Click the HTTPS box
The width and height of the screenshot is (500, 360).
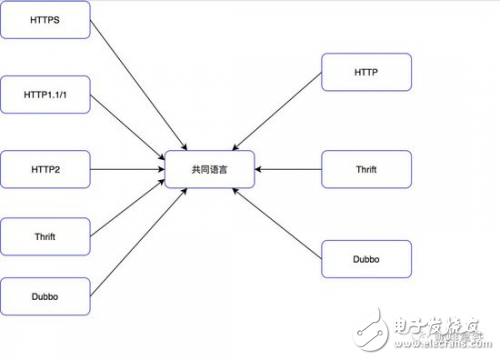46,19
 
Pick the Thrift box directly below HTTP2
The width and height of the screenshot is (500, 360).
46,235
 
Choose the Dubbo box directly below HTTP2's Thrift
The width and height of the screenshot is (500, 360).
46,297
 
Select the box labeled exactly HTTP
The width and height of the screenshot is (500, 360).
365,73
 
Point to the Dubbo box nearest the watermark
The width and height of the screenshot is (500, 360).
365,258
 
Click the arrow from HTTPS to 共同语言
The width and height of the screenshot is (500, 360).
135,85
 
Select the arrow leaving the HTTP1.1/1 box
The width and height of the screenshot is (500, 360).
130,128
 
